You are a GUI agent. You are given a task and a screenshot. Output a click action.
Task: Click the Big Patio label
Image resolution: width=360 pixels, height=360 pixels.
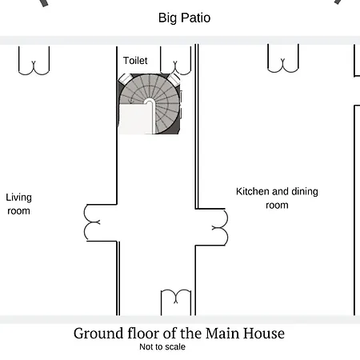tap(184, 18)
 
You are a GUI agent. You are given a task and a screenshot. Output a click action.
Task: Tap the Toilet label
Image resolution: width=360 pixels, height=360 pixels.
tap(135, 61)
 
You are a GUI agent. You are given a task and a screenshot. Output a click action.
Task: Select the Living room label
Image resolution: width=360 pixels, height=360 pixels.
tap(18, 204)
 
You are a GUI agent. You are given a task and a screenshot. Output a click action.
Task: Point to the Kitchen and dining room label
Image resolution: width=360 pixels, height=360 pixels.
tap(277, 198)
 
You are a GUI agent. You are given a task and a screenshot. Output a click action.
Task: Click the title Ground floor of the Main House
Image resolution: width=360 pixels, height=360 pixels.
tap(179, 334)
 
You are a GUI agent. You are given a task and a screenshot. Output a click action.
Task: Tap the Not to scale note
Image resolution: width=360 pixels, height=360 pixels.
tap(162, 346)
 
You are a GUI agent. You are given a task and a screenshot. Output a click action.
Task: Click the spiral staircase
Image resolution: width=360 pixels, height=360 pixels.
tap(150, 104)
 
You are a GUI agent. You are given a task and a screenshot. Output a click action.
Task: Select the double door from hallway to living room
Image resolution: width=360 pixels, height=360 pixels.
tap(92, 222)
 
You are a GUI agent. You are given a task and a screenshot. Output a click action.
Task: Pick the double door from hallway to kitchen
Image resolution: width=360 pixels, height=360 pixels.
tap(220, 227)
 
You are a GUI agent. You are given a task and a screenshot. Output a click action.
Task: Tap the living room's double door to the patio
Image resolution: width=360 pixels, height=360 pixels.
tap(34, 68)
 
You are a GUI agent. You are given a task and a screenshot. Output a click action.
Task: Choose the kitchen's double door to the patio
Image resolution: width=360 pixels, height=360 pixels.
tap(283, 66)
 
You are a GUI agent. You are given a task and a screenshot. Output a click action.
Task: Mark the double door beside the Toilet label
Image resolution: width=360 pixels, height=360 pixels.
tap(175, 68)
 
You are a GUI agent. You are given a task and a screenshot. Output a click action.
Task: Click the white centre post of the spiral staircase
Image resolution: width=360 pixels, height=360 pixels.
tap(150, 102)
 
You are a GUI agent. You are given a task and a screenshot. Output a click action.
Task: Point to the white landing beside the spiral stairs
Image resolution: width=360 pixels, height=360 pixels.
tap(135, 118)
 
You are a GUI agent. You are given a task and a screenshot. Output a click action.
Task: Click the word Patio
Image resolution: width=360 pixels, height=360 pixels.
tap(196, 18)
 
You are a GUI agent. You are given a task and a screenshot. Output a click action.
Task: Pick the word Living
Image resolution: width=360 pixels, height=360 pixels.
tap(18, 198)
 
